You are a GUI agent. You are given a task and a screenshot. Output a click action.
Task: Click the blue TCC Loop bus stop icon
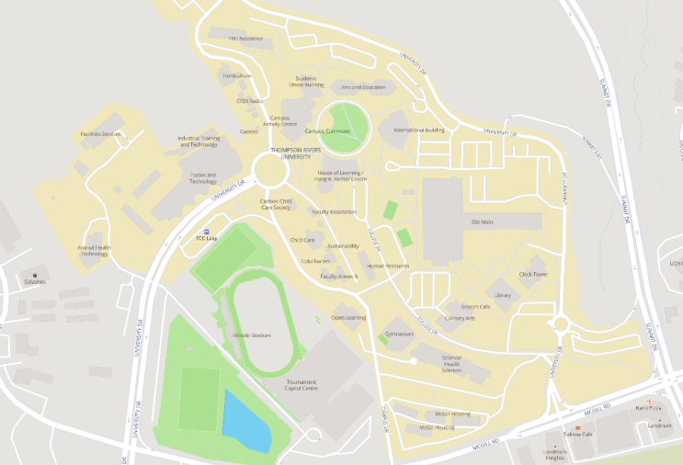(x=207, y=232)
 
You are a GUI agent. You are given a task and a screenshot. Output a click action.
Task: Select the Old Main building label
(x=482, y=222)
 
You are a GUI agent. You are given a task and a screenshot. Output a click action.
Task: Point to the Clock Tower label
(x=533, y=274)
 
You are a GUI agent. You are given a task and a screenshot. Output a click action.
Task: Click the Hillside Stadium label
(x=252, y=335)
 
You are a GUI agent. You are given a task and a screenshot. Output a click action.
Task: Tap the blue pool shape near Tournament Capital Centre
(x=246, y=420)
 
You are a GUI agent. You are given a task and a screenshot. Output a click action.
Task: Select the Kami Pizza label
(x=649, y=407)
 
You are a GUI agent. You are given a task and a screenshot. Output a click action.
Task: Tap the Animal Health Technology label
(x=94, y=250)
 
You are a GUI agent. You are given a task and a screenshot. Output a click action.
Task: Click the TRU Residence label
(x=245, y=39)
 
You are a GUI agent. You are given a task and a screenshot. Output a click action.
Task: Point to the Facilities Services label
(x=100, y=134)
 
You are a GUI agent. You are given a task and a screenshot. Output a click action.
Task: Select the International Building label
(x=419, y=130)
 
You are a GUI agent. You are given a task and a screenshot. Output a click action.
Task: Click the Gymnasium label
(x=400, y=334)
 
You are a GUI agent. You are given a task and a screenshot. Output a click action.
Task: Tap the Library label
(x=503, y=295)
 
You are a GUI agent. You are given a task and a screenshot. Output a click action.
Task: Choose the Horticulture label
(x=236, y=75)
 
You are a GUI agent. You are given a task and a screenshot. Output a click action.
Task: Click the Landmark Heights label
(x=554, y=455)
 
